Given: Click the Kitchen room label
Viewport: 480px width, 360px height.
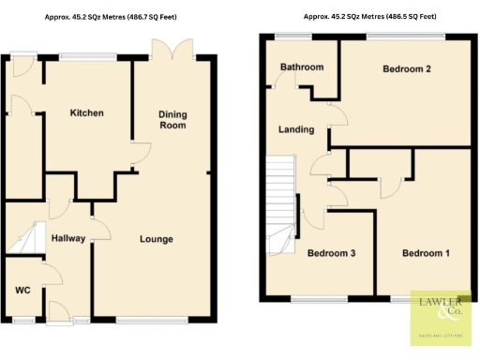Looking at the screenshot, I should (86, 113).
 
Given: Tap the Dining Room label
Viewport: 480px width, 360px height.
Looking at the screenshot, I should (172, 120).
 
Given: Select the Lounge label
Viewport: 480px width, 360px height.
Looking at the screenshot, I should (157, 239).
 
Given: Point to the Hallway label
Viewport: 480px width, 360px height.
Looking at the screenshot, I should (68, 239).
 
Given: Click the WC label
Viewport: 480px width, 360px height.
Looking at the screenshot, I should (22, 290).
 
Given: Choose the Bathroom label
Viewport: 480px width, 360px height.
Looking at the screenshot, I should (302, 67).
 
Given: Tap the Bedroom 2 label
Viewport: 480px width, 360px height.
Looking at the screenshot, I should (407, 69).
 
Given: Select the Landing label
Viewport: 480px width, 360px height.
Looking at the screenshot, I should (297, 129).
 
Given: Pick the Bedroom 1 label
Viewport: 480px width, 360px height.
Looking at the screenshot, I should (426, 253).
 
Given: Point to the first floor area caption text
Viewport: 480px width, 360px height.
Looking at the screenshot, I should (368, 17).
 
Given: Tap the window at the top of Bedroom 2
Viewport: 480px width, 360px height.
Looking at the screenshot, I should (405, 36).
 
